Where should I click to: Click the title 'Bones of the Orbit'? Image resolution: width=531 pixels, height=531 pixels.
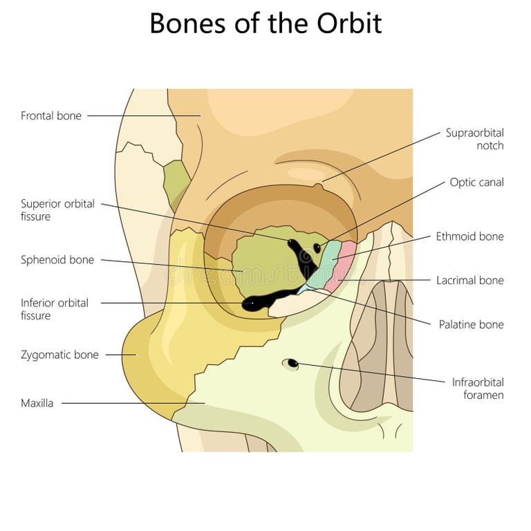point(265,24)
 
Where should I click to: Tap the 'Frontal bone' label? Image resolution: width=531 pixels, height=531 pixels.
point(51,116)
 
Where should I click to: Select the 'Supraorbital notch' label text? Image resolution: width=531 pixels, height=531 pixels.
point(474,139)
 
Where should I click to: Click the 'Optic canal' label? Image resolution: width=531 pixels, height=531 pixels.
point(476,183)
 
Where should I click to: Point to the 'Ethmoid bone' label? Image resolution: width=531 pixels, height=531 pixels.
point(469,236)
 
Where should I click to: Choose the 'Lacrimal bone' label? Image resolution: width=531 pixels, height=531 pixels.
point(469,281)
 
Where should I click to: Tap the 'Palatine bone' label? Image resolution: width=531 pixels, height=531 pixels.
point(471,324)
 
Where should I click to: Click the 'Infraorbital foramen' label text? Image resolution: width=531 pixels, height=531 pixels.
point(478,389)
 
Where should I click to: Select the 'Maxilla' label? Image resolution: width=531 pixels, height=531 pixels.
point(37,403)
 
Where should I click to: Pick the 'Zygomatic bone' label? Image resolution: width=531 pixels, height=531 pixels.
point(59,355)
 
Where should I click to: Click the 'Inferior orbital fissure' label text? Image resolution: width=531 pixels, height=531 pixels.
point(55,309)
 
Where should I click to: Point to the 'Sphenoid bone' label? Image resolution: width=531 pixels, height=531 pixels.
point(57,260)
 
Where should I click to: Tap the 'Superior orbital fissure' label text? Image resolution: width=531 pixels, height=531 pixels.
point(57,210)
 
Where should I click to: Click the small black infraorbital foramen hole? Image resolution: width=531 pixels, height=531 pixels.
point(292,363)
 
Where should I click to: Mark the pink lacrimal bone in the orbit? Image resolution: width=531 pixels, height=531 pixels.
point(342,266)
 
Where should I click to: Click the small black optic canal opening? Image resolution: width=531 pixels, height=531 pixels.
point(317,247)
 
